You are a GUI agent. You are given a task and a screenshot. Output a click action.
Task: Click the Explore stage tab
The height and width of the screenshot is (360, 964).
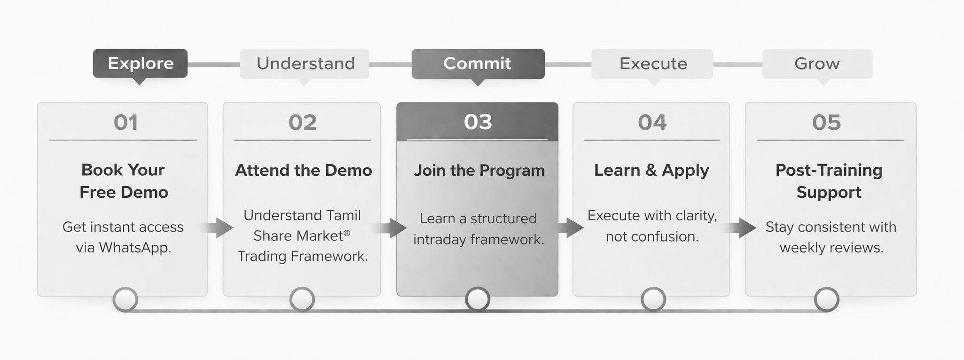(x=140, y=63)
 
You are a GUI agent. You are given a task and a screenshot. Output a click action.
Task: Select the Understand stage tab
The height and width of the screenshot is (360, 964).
(x=305, y=63)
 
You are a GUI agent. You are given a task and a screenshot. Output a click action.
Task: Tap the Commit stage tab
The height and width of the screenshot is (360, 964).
(x=478, y=63)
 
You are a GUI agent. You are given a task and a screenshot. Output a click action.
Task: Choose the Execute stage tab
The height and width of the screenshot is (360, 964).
(x=652, y=63)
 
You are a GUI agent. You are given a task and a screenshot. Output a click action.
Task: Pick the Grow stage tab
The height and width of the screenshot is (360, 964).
(x=817, y=63)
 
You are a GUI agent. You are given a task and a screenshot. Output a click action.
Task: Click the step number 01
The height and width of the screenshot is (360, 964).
(x=125, y=123)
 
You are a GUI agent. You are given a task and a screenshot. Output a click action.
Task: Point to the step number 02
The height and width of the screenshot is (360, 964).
(x=302, y=123)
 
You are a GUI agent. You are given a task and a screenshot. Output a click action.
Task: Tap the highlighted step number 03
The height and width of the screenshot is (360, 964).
(x=478, y=122)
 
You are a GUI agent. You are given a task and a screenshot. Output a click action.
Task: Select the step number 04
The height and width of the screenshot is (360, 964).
(x=652, y=123)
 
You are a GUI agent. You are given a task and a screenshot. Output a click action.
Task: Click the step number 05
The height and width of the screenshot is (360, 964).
(x=826, y=123)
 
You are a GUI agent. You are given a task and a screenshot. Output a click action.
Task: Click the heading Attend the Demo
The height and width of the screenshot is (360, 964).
(x=303, y=170)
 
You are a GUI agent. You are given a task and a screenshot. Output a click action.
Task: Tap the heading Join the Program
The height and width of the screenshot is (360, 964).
(x=479, y=170)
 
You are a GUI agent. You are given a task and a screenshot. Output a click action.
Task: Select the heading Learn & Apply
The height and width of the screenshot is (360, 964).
(x=651, y=170)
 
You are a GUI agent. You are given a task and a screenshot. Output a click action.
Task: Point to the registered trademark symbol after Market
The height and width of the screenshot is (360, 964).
(x=347, y=233)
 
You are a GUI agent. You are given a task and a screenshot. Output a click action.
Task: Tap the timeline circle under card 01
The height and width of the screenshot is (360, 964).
(x=125, y=299)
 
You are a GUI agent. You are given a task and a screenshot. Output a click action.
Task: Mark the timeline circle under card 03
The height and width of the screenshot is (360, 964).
(x=478, y=299)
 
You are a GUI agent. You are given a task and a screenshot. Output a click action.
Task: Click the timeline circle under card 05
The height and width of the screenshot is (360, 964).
(x=826, y=299)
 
